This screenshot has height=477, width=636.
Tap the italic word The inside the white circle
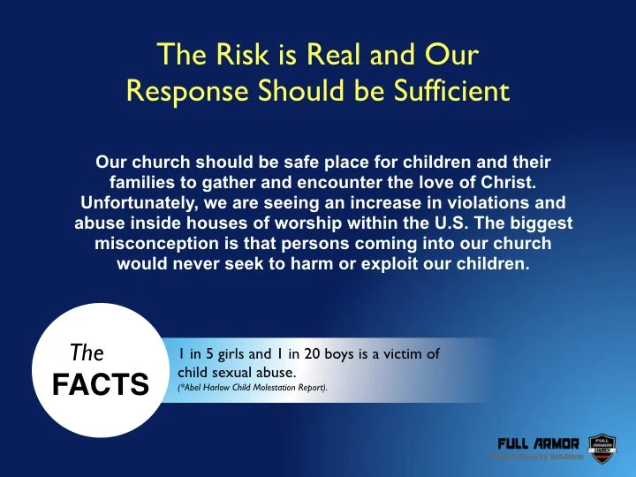click(x=87, y=353)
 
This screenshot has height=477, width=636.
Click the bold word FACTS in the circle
click(x=99, y=385)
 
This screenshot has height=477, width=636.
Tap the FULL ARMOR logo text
click(x=538, y=443)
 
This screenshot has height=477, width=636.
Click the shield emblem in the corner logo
click(x=602, y=446)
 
